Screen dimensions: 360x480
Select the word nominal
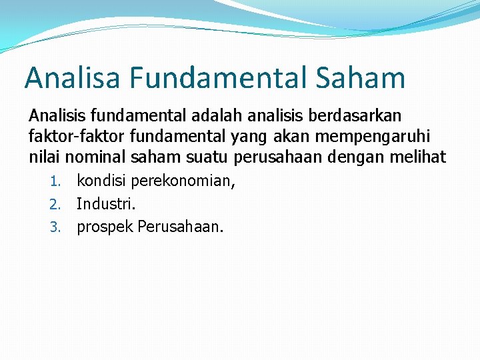[97, 157]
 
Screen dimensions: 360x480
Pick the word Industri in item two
[106, 204]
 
